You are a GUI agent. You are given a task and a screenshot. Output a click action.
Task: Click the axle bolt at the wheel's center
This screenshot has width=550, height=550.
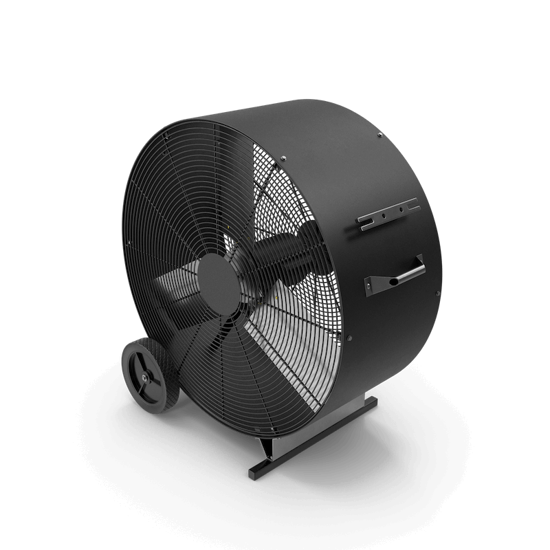tap(144, 377)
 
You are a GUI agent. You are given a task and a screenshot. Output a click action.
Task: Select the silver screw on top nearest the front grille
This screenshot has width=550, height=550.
tap(282, 162)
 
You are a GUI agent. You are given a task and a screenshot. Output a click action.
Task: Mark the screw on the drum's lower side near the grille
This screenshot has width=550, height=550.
tap(349, 339)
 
